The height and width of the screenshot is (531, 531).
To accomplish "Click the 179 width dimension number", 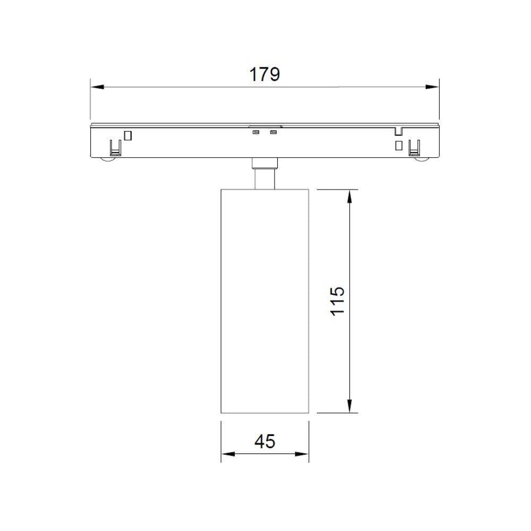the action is [x=264, y=74].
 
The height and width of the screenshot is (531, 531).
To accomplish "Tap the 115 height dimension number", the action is [x=338, y=301].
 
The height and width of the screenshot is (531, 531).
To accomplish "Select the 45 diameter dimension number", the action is [x=265, y=442].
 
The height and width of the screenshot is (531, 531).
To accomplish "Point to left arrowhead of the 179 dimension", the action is [x=97, y=87].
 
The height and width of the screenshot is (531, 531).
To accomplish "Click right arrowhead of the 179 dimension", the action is [x=432, y=87].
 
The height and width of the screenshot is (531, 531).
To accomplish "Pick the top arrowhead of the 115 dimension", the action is [x=350, y=196].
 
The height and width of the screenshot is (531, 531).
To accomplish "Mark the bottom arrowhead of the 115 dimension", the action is [x=350, y=406].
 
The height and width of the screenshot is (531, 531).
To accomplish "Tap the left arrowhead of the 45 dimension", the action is [x=228, y=454].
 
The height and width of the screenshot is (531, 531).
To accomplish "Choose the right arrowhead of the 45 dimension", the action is [x=302, y=454].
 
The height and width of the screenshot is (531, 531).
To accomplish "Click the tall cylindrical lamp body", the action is [x=265, y=301].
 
